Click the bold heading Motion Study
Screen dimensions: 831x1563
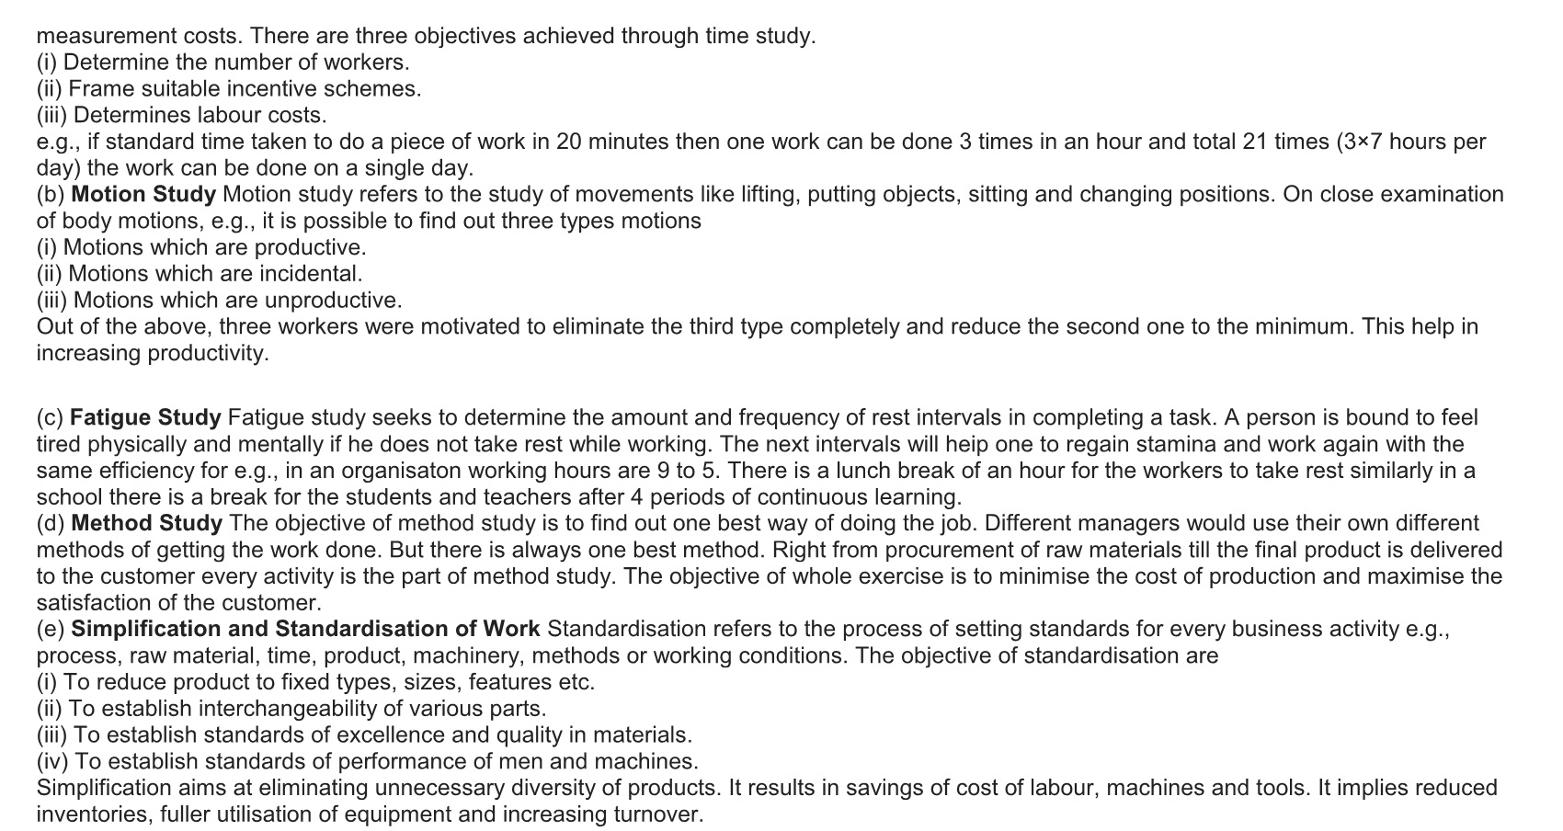click(x=143, y=195)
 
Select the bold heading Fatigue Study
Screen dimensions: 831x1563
click(x=145, y=418)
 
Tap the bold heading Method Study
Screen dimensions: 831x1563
click(x=146, y=524)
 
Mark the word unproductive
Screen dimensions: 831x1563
click(x=332, y=301)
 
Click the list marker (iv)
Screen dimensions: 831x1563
click(x=52, y=762)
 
